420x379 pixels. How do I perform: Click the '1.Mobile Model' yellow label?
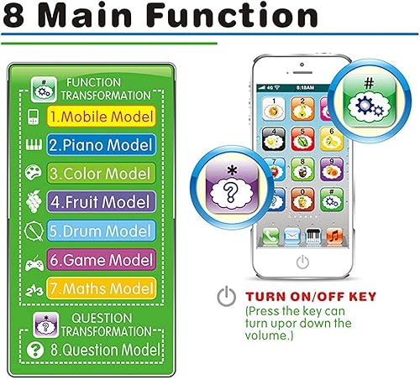tap(100, 115)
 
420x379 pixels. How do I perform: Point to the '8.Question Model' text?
tap(106, 350)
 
